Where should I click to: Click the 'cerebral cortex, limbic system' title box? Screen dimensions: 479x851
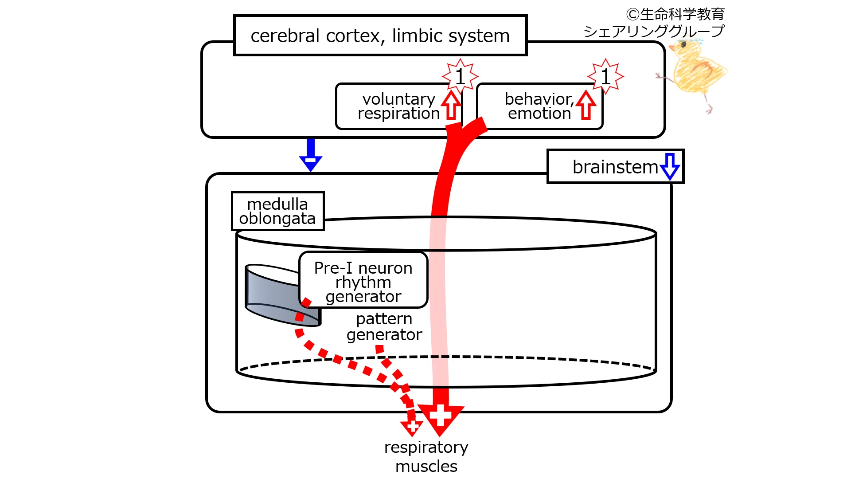pos(380,35)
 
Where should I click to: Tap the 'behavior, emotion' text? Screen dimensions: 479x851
pos(539,106)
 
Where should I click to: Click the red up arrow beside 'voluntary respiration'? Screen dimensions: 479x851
pos(451,105)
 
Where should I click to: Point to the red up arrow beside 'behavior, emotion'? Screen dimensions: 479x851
pos(586,105)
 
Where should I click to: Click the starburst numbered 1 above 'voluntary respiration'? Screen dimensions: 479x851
pos(460,76)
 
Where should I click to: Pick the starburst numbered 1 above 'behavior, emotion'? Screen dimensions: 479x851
pos(605,76)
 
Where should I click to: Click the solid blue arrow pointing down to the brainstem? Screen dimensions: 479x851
pos(311,155)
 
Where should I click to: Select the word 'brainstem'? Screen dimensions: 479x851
pos(615,167)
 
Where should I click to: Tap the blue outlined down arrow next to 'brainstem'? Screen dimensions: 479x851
pos(670,166)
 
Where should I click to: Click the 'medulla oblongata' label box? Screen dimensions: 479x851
pos(277,211)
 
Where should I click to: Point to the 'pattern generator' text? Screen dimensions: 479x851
pos(384,326)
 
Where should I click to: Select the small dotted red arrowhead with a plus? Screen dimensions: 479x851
pos(412,427)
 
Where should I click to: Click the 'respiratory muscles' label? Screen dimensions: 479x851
pos(426,456)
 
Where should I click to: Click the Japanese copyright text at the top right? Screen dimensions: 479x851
pos(654,23)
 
